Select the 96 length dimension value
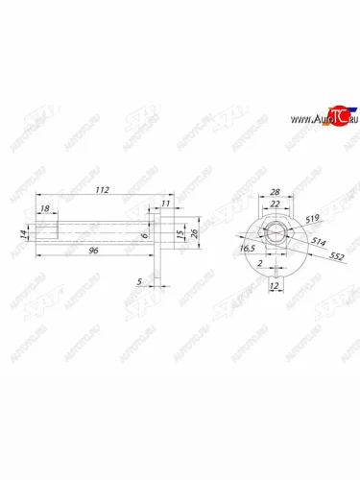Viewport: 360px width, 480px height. click(93, 250)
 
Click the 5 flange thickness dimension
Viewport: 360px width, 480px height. click(141, 281)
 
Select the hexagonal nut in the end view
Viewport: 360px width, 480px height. click(274, 234)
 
